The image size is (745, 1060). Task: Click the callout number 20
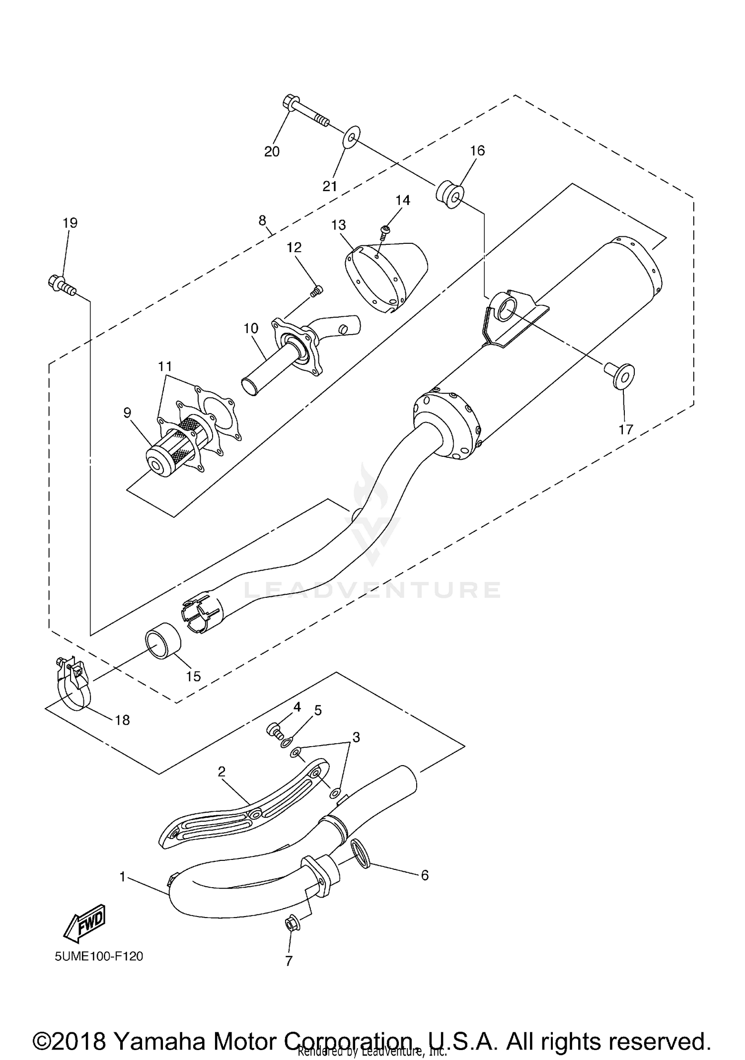click(272, 151)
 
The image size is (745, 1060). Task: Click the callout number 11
click(165, 367)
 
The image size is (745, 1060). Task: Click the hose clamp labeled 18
click(72, 683)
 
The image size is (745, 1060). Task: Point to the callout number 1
click(123, 877)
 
